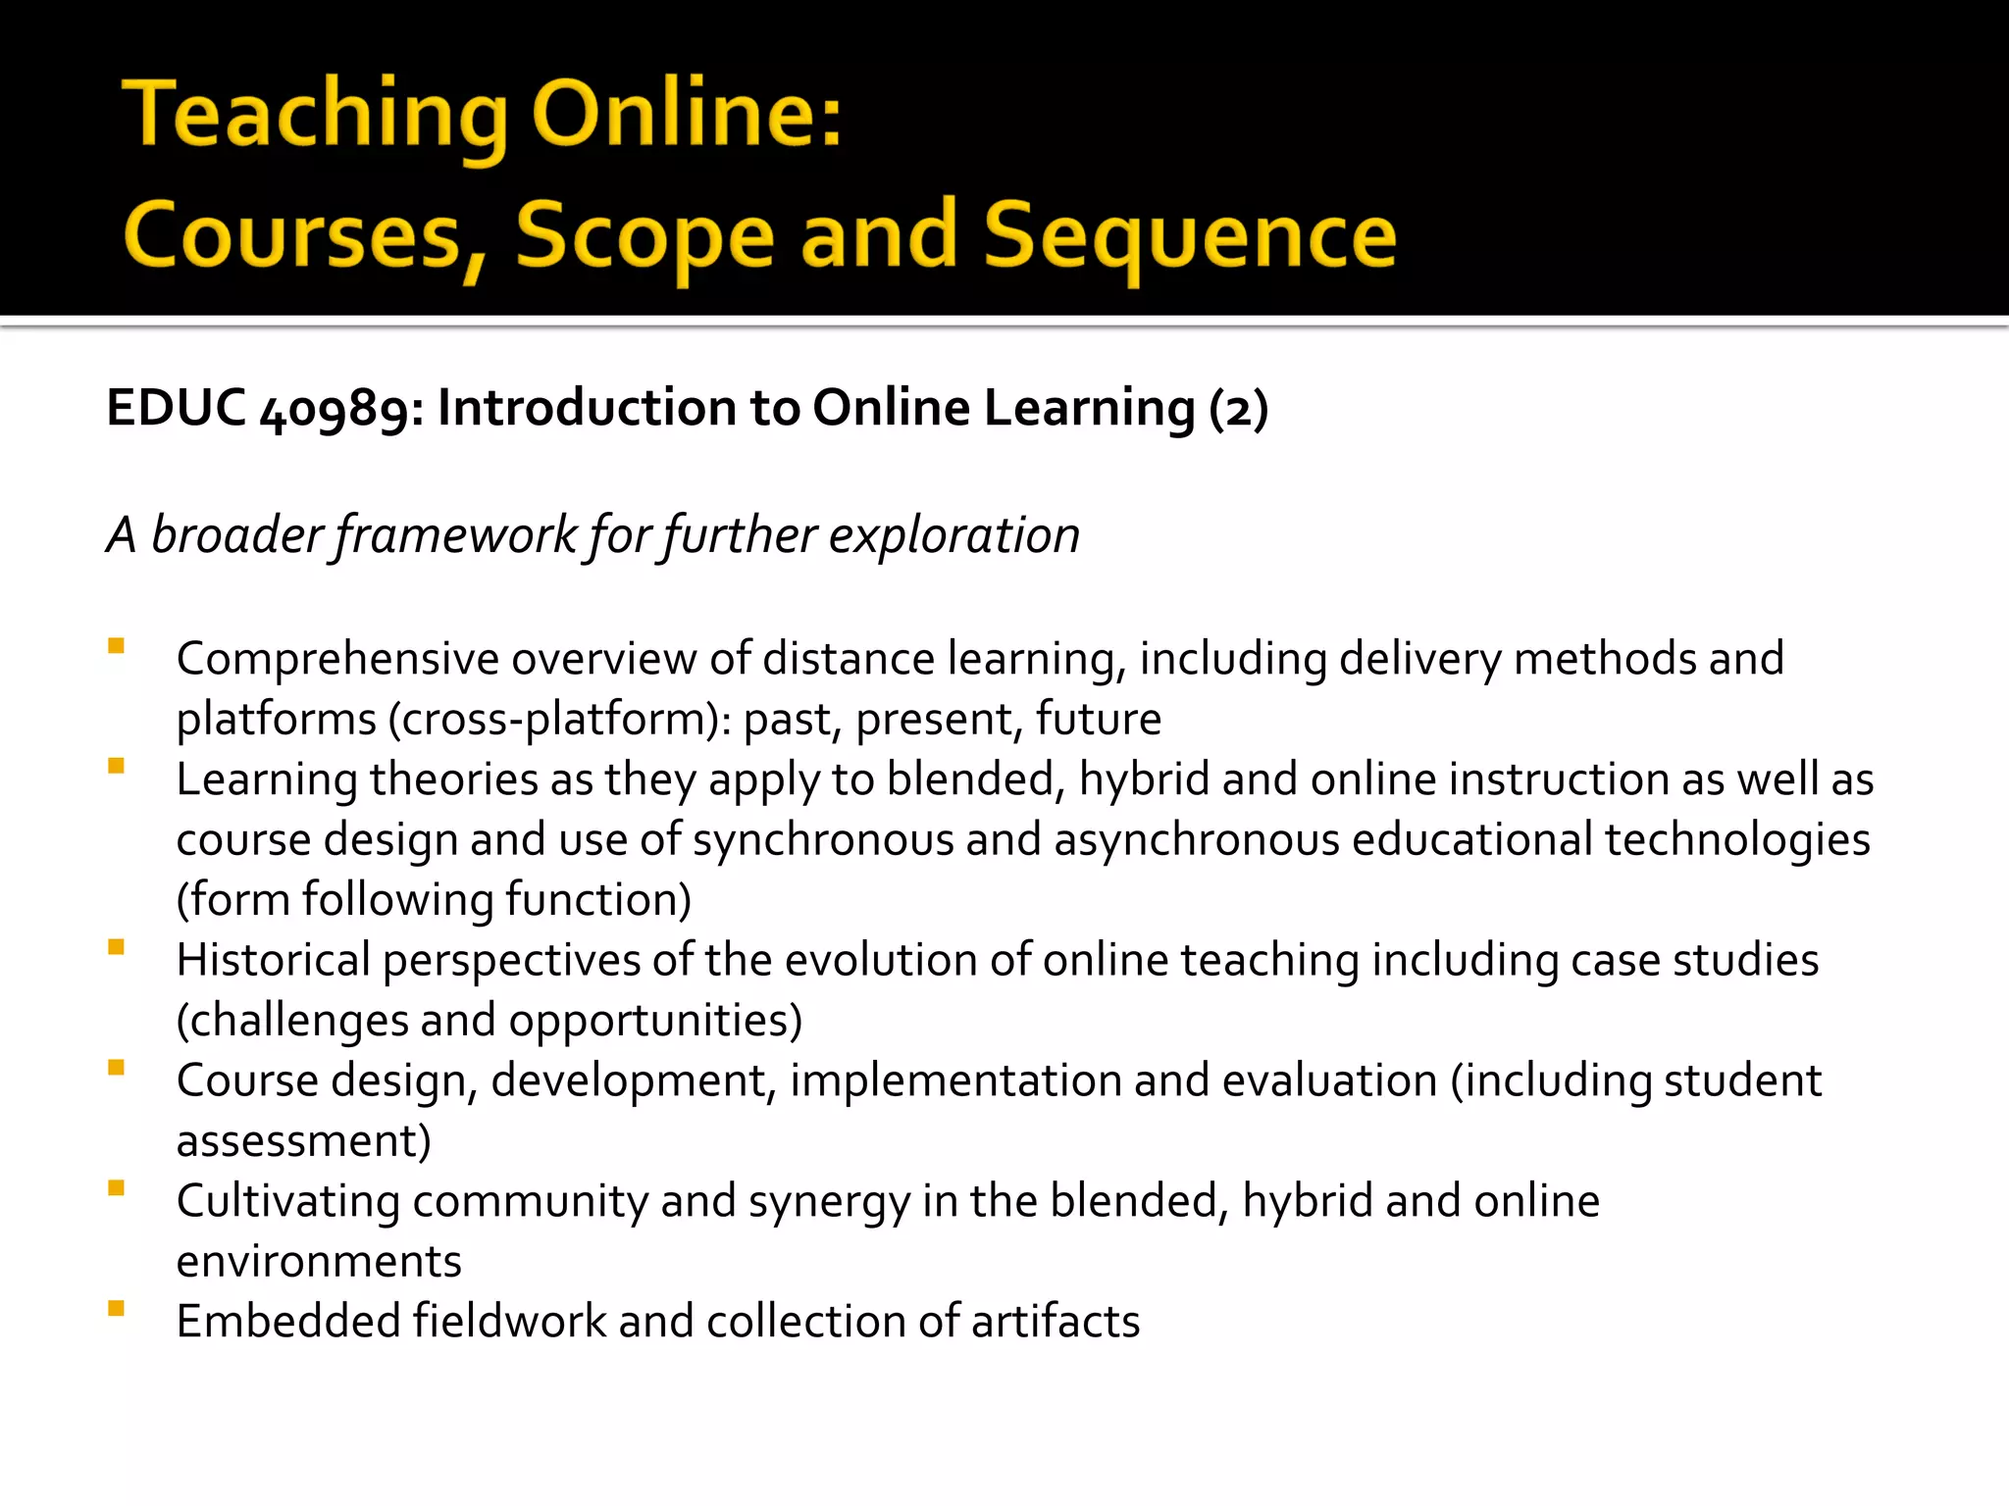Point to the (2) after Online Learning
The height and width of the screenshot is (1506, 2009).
1239,409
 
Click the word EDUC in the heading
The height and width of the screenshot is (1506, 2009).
176,407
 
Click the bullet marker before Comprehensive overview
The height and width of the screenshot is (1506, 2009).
117,646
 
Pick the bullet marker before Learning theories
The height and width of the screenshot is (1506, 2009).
117,767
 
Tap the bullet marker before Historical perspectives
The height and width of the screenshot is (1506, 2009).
117,947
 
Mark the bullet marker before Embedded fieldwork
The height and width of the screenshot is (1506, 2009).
117,1308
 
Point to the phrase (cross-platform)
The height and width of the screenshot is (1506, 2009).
554,721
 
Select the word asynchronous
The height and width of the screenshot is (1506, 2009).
1197,840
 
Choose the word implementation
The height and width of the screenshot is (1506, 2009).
955,1081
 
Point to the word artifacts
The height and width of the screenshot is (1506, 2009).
1056,1323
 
